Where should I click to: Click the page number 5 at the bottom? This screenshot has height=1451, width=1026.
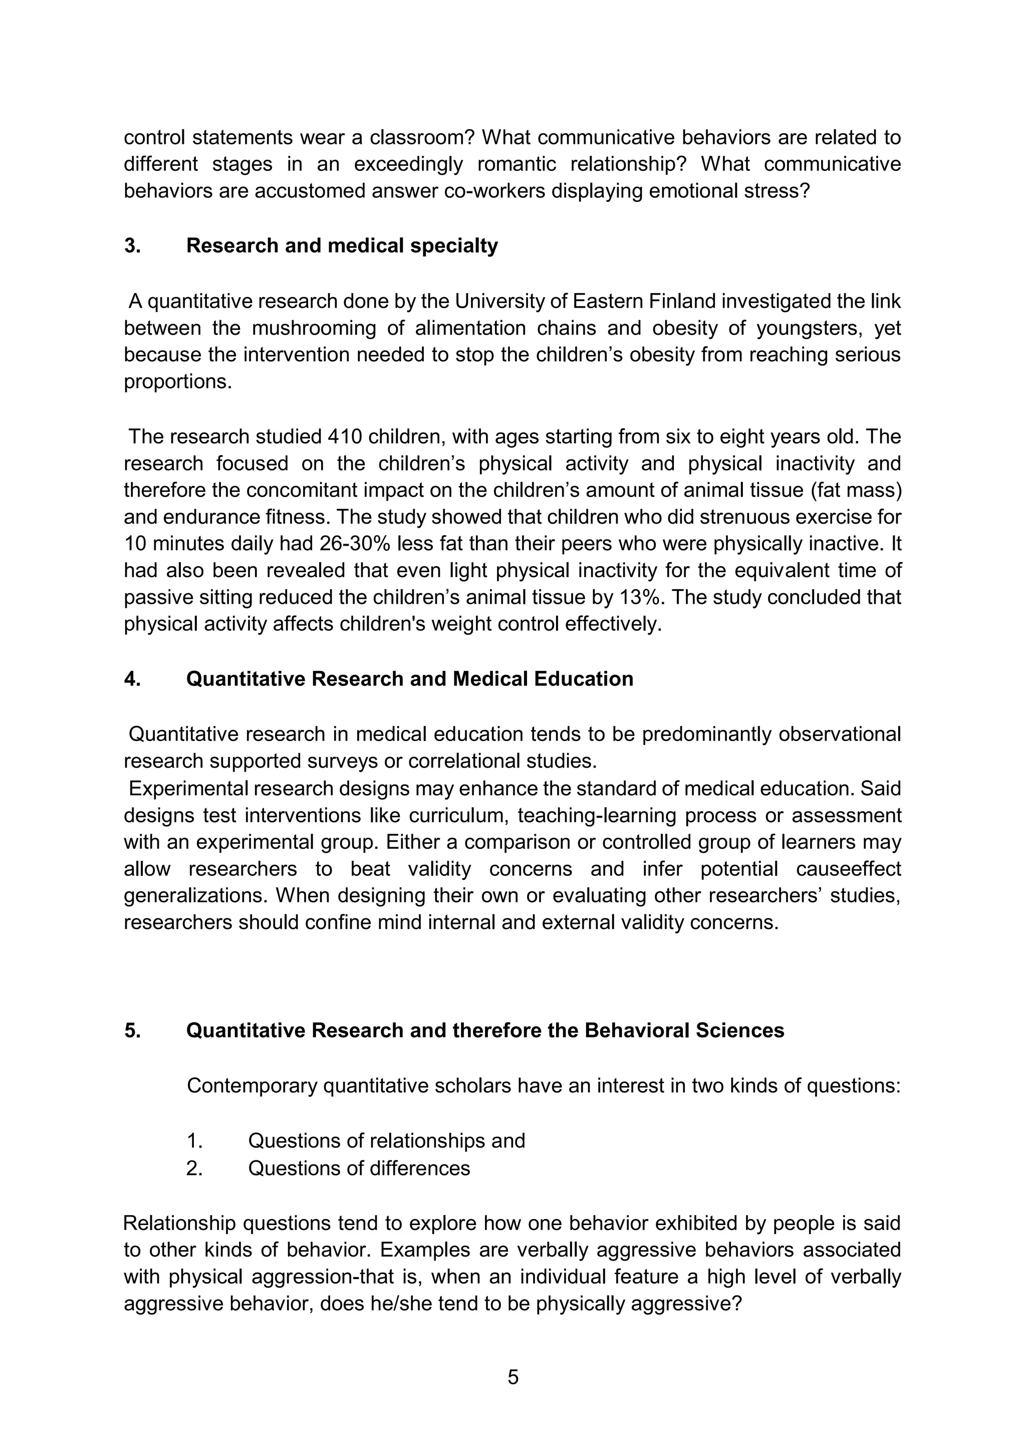tap(513, 1376)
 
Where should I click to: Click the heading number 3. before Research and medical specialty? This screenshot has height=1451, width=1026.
tap(132, 246)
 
